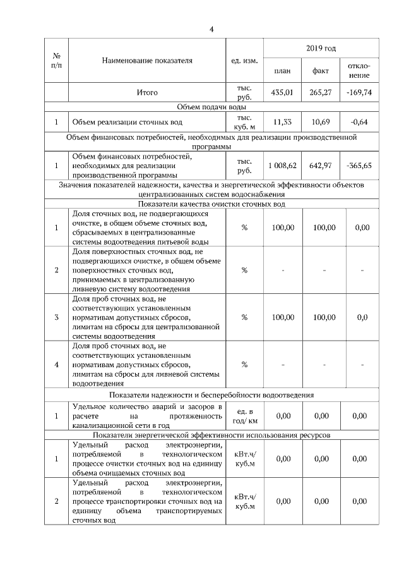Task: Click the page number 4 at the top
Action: coord(212,29)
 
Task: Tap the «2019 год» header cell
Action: coord(321,48)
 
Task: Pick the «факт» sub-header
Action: coord(321,71)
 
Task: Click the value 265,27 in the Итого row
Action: coord(321,92)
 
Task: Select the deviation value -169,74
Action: coord(359,92)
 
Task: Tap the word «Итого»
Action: coord(146,92)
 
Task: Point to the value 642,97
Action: coord(321,166)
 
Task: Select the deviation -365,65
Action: coord(359,166)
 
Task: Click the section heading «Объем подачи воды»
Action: coord(211,107)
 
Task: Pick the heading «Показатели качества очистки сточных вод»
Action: coord(211,204)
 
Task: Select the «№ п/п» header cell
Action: coord(57,61)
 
